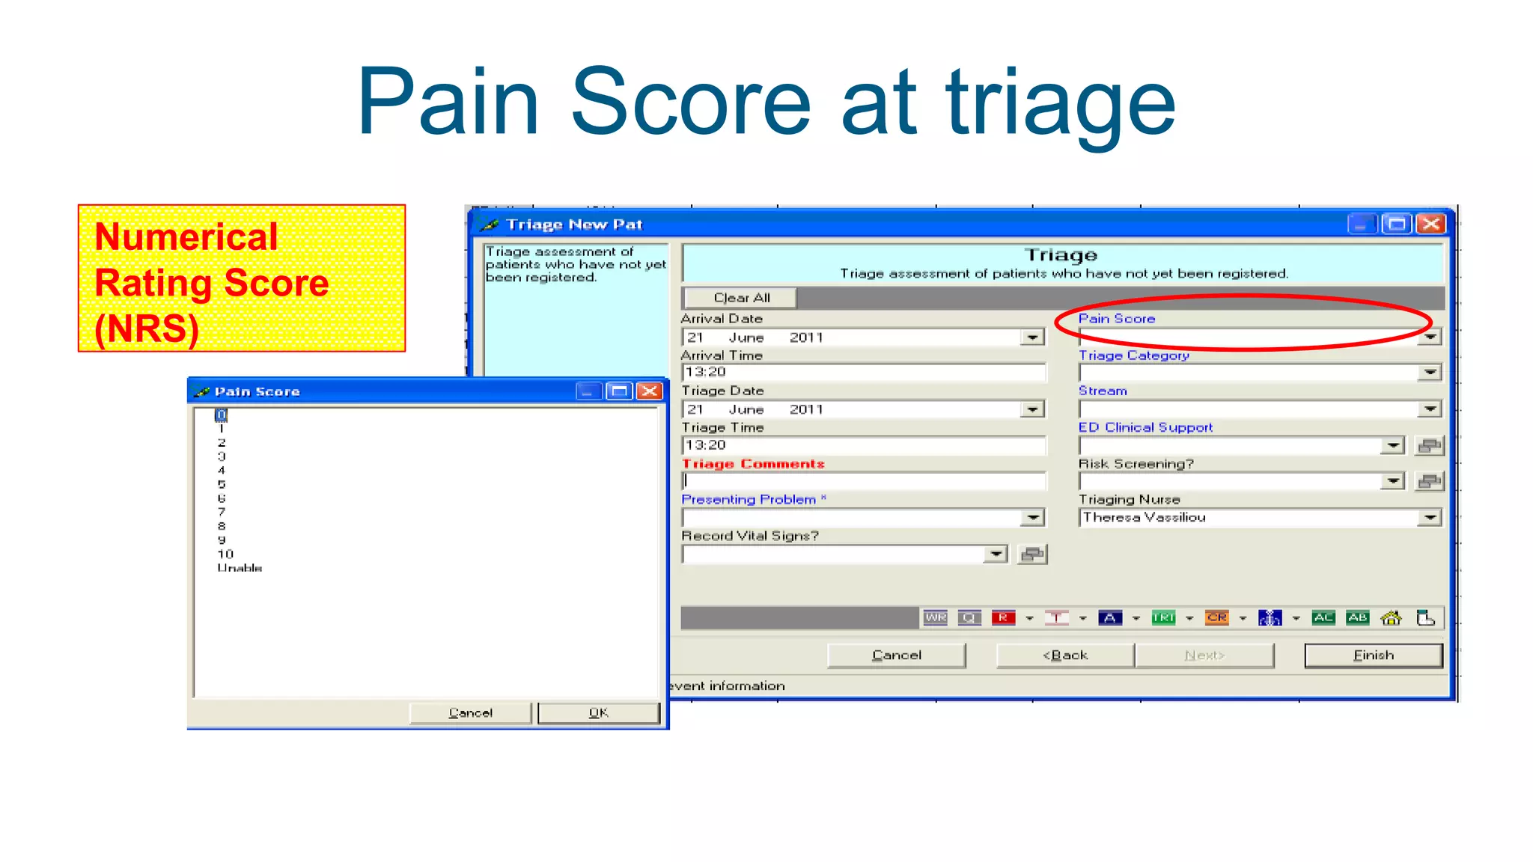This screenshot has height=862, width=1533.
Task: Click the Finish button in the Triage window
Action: [x=1373, y=655]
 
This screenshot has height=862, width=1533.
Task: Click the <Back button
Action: [x=1065, y=655]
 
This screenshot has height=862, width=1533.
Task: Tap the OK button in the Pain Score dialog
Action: [x=598, y=713]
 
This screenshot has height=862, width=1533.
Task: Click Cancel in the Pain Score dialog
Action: [x=470, y=713]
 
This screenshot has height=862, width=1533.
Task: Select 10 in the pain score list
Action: [x=225, y=554]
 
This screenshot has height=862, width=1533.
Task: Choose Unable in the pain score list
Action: [x=240, y=569]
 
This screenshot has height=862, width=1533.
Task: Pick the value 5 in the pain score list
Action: [x=222, y=484]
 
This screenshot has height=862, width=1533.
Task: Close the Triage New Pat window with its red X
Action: [x=1430, y=224]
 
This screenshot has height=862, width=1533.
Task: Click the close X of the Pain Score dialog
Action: [x=650, y=391]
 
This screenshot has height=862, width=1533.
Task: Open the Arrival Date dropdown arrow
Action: [x=1032, y=337]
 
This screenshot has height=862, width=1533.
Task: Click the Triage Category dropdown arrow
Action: [x=1430, y=373]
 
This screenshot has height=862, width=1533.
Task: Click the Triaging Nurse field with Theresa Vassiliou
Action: [x=1246, y=518]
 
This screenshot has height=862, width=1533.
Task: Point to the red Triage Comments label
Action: [x=752, y=464]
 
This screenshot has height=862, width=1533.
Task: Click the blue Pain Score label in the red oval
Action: [x=1116, y=319]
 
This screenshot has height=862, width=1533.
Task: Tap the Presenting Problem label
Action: [x=749, y=500]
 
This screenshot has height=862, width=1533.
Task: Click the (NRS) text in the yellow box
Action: [x=147, y=328]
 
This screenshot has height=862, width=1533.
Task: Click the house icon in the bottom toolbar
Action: [x=1391, y=618]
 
